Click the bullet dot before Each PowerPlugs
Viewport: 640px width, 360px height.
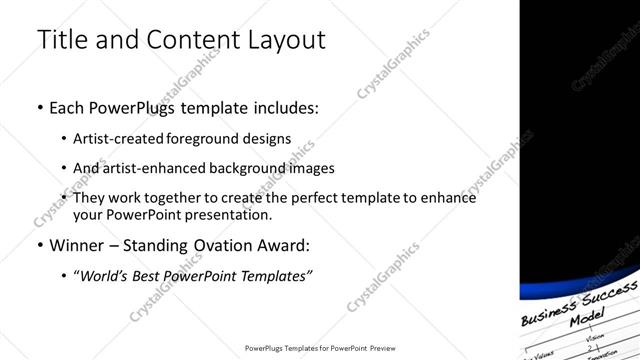[39, 107]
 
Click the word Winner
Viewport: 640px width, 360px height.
[78, 245]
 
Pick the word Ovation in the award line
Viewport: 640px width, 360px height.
[229, 245]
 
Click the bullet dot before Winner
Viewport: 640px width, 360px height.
[39, 245]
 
